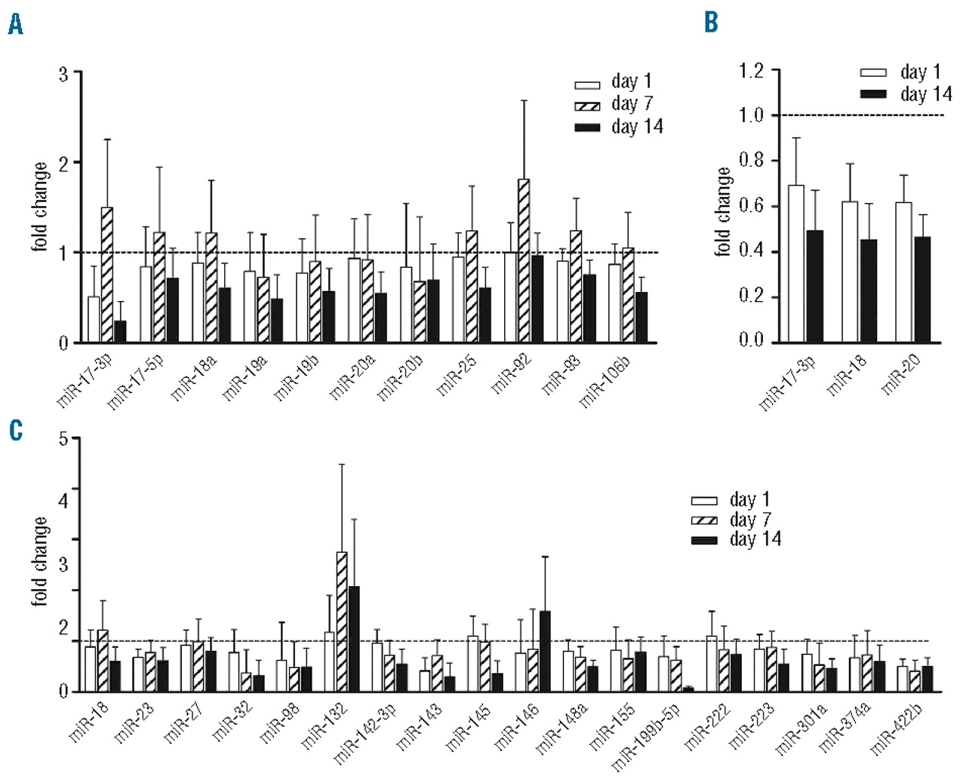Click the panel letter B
click(711, 23)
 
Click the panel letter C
click(16, 431)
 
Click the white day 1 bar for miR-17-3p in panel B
click(796, 263)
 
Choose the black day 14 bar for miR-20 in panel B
click(922, 290)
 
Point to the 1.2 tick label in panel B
click(751, 71)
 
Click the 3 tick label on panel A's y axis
click(63, 74)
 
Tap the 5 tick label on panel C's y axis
click(63, 438)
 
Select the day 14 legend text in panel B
click(925, 94)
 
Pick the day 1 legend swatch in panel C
click(704, 500)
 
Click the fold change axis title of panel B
click(723, 211)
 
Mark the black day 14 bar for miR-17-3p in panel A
click(120, 331)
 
